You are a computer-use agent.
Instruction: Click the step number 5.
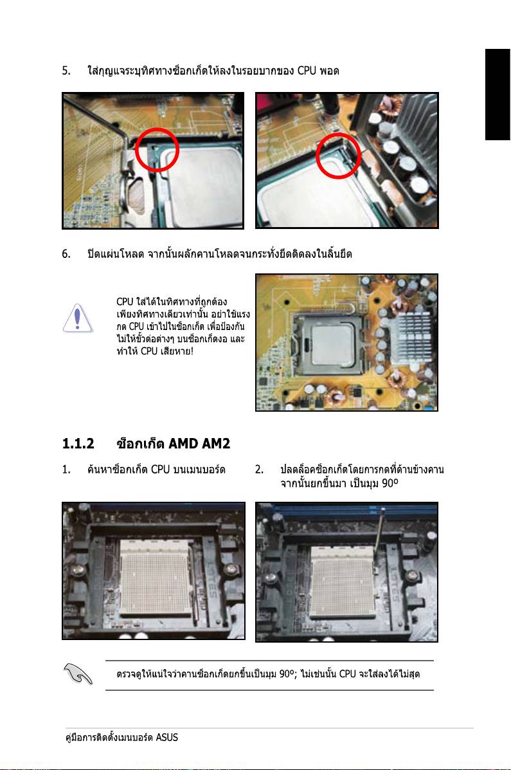[x=66, y=71]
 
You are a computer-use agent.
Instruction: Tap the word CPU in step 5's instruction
[x=307, y=71]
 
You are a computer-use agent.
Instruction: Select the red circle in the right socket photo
[x=338, y=156]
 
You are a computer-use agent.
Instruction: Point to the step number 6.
[x=66, y=254]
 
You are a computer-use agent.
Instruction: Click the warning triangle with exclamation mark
[x=78, y=318]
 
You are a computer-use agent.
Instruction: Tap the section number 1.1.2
[x=78, y=444]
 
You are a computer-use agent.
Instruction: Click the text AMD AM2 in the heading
[x=199, y=444]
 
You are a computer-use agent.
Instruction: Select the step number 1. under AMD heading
[x=66, y=470]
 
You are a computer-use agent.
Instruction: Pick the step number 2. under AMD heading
[x=259, y=470]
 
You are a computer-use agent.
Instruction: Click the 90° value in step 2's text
[x=390, y=484]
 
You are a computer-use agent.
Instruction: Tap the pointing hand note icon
[x=78, y=674]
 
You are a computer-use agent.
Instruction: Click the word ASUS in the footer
[x=167, y=738]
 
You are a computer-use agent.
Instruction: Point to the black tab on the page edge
[x=498, y=95]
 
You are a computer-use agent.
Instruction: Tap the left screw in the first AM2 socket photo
[x=78, y=571]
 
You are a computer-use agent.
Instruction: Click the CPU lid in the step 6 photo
[x=333, y=345]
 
